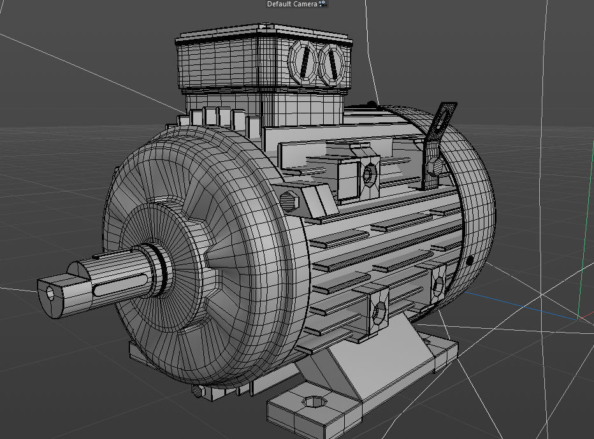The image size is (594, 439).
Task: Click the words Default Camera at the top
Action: coord(292,4)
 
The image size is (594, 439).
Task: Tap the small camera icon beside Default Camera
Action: coord(322,4)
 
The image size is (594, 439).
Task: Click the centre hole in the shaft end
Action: coord(52,293)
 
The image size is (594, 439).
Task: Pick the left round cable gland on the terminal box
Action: coord(305,62)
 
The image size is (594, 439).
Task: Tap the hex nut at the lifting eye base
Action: coord(435,167)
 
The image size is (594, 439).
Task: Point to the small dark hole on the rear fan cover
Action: coord(470,260)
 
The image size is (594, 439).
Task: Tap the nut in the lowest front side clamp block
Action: coord(379,311)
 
